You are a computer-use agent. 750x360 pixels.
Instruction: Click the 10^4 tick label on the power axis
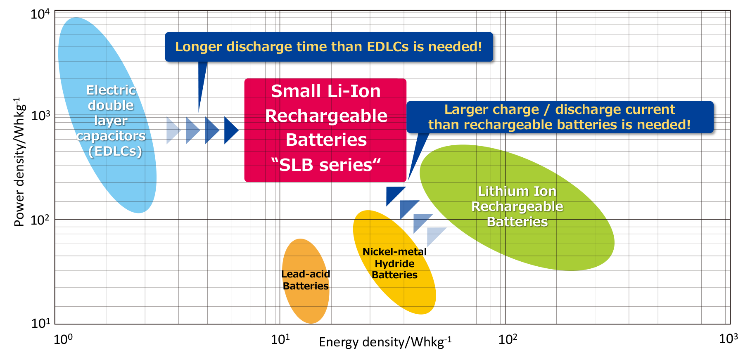tap(40, 14)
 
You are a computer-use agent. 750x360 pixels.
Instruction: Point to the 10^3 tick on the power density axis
tap(40, 115)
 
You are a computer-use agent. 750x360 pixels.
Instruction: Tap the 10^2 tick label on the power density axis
tap(40, 220)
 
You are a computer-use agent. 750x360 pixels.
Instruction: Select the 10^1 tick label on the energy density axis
tap(280, 339)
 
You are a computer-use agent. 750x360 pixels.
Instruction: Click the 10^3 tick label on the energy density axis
tap(729, 338)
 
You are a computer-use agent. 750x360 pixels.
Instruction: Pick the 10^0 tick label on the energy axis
tap(63, 339)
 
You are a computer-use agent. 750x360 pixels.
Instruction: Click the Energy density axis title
tap(385, 342)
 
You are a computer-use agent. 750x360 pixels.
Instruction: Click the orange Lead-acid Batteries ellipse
tap(306, 281)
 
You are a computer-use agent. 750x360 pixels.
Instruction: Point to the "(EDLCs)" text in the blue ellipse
tap(115, 151)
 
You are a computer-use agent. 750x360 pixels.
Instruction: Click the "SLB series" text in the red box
tap(326, 165)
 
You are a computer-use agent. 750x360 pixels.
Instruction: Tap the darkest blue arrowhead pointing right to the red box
tap(231, 130)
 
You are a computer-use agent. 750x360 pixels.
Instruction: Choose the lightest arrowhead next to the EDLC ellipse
tap(173, 130)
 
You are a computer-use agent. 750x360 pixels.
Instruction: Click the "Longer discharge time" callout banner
tap(329, 47)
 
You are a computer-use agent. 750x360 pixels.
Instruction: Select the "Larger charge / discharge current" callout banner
tap(560, 117)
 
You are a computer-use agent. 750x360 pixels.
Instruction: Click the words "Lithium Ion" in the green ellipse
tap(517, 191)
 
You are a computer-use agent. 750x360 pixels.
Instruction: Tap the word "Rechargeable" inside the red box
tap(326, 116)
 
